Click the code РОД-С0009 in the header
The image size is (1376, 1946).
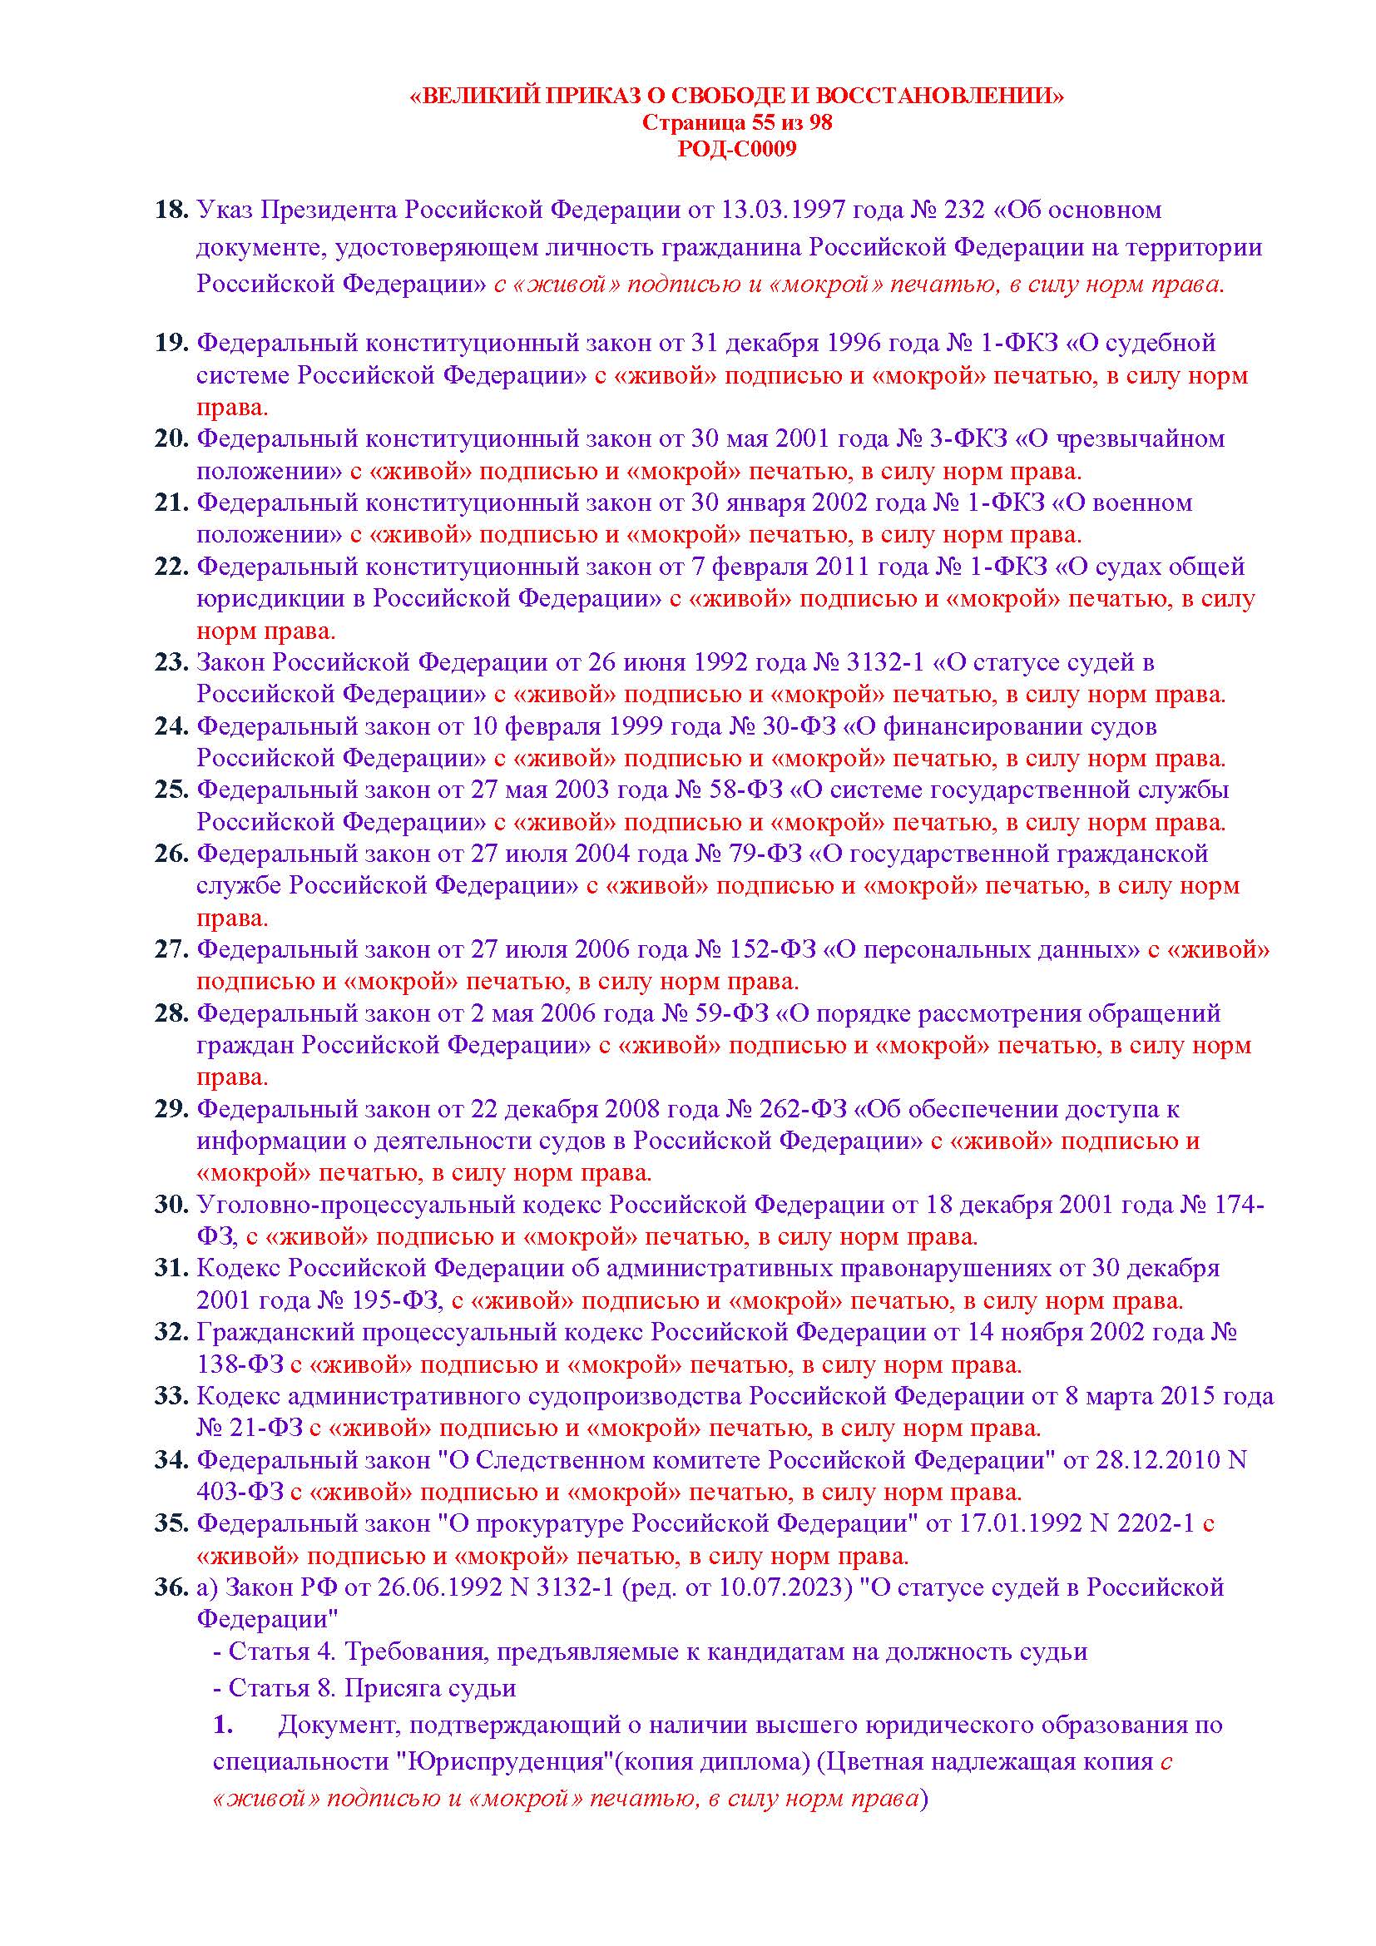point(737,149)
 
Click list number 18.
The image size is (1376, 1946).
point(171,210)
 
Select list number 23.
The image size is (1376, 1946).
point(171,662)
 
